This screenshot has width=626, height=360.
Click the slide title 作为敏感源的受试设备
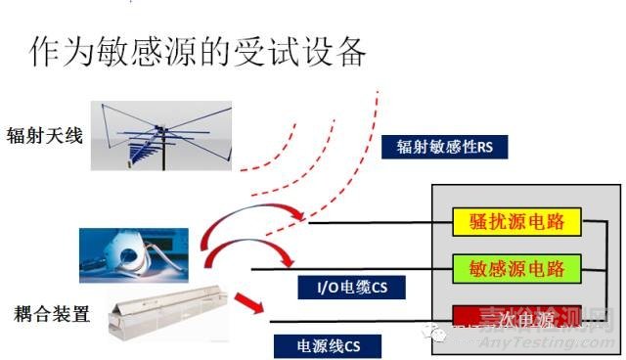pyautogui.click(x=197, y=51)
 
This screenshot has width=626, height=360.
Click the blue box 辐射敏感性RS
pyautogui.click(x=445, y=147)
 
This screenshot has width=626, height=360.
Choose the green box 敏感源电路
pyautogui.click(x=514, y=266)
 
